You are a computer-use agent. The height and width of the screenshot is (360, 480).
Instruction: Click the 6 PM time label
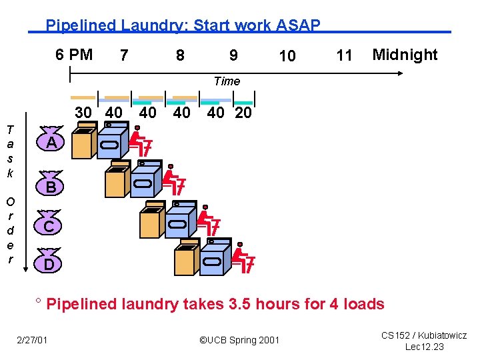pyautogui.click(x=74, y=54)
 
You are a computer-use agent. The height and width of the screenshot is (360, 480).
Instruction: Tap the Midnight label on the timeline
pyautogui.click(x=405, y=55)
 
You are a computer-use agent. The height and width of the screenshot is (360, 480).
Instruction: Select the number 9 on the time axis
pyautogui.click(x=233, y=55)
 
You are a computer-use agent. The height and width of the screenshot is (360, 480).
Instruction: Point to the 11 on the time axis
pyautogui.click(x=344, y=55)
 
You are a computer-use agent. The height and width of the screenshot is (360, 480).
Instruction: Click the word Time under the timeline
pyautogui.click(x=227, y=81)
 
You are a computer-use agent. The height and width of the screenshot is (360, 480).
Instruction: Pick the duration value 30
pyautogui.click(x=83, y=113)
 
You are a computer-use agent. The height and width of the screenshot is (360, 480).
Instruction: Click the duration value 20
pyautogui.click(x=243, y=113)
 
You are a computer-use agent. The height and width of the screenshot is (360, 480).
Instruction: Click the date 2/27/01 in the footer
pyautogui.click(x=33, y=341)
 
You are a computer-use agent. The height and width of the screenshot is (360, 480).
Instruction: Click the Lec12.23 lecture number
pyautogui.click(x=424, y=347)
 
